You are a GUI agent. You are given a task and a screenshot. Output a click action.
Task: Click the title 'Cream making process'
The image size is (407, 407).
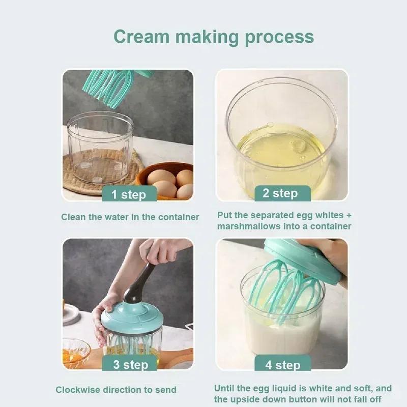tap(213, 37)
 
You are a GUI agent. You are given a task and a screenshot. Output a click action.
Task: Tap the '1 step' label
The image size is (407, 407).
tap(128, 194)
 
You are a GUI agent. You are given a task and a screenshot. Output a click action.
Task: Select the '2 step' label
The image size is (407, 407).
tap(280, 193)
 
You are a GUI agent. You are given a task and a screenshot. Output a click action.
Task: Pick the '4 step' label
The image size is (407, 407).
tap(283, 364)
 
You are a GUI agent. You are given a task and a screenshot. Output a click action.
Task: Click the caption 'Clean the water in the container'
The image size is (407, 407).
tap(130, 217)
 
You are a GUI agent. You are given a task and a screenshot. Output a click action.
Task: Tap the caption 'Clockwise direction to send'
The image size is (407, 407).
tap(116, 390)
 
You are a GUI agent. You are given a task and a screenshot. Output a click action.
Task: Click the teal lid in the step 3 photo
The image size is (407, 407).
tap(131, 317)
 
